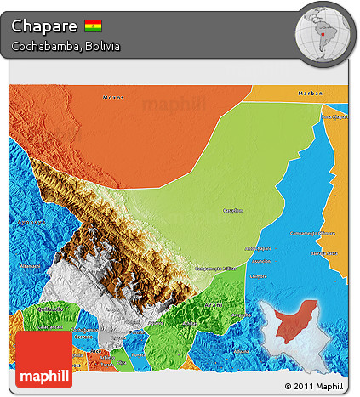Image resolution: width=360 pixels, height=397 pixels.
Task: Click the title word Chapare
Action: point(45,26)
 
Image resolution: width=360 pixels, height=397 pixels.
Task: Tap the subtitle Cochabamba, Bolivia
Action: point(66,46)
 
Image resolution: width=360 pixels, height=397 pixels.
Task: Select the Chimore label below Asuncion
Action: point(258,276)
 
